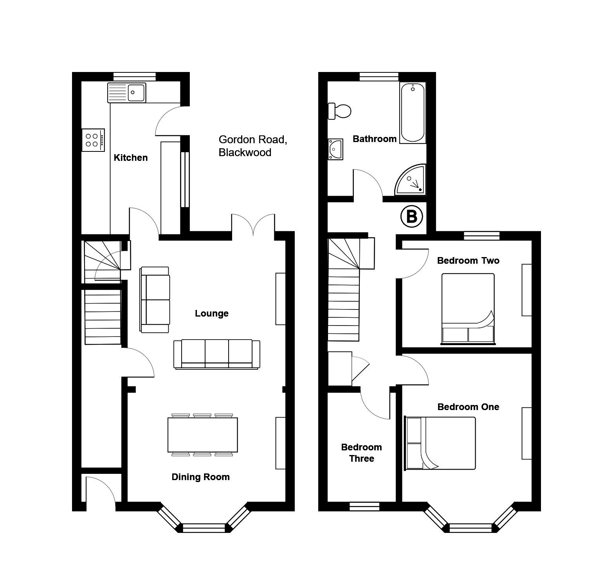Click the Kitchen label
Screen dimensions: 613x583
[x=131, y=158]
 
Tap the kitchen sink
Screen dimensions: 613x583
[x=126, y=92]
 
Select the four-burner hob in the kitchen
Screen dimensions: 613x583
[x=93, y=140]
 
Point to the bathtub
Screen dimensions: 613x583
[x=413, y=113]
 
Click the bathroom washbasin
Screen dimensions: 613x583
[x=335, y=149]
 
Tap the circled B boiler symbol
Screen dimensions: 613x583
[x=412, y=216]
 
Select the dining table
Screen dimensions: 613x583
[x=203, y=435]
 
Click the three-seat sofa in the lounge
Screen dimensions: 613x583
[x=217, y=354]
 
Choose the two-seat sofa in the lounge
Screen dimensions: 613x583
[x=155, y=300]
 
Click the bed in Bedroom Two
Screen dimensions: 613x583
[x=468, y=309]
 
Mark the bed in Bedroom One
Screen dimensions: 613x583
[x=440, y=443]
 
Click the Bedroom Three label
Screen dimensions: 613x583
[x=362, y=453]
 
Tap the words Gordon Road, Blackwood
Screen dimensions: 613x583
[x=253, y=146]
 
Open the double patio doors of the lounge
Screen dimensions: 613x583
[x=253, y=225]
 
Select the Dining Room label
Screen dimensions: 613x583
[x=201, y=477]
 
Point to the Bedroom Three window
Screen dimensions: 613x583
[x=364, y=507]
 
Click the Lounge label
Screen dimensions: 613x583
[x=212, y=313]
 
